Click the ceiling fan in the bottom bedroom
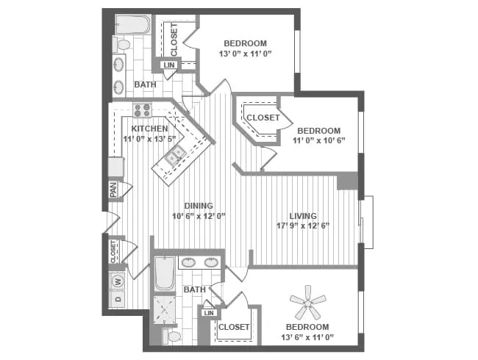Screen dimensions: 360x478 tap(307, 300)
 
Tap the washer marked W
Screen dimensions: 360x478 tap(118, 280)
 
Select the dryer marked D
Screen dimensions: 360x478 tap(118, 299)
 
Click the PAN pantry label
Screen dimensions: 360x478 tap(113, 189)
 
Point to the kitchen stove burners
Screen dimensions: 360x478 tap(142, 110)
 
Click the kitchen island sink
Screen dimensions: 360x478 tap(176, 155)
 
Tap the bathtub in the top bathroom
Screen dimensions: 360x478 tap(133, 25)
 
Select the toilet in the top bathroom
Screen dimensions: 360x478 tap(122, 45)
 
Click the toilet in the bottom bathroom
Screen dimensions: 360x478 tap(174, 337)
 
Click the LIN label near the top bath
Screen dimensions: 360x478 tap(169, 65)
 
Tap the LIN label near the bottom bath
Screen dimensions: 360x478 tap(209, 313)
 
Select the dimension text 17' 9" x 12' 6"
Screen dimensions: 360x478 tap(302, 226)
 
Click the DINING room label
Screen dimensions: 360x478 tap(198, 206)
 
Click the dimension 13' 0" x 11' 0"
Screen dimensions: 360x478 tap(245, 54)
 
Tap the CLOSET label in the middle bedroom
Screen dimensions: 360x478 tap(263, 118)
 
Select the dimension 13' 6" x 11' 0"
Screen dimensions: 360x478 tap(307, 336)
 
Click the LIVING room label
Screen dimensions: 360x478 tap(302, 215)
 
